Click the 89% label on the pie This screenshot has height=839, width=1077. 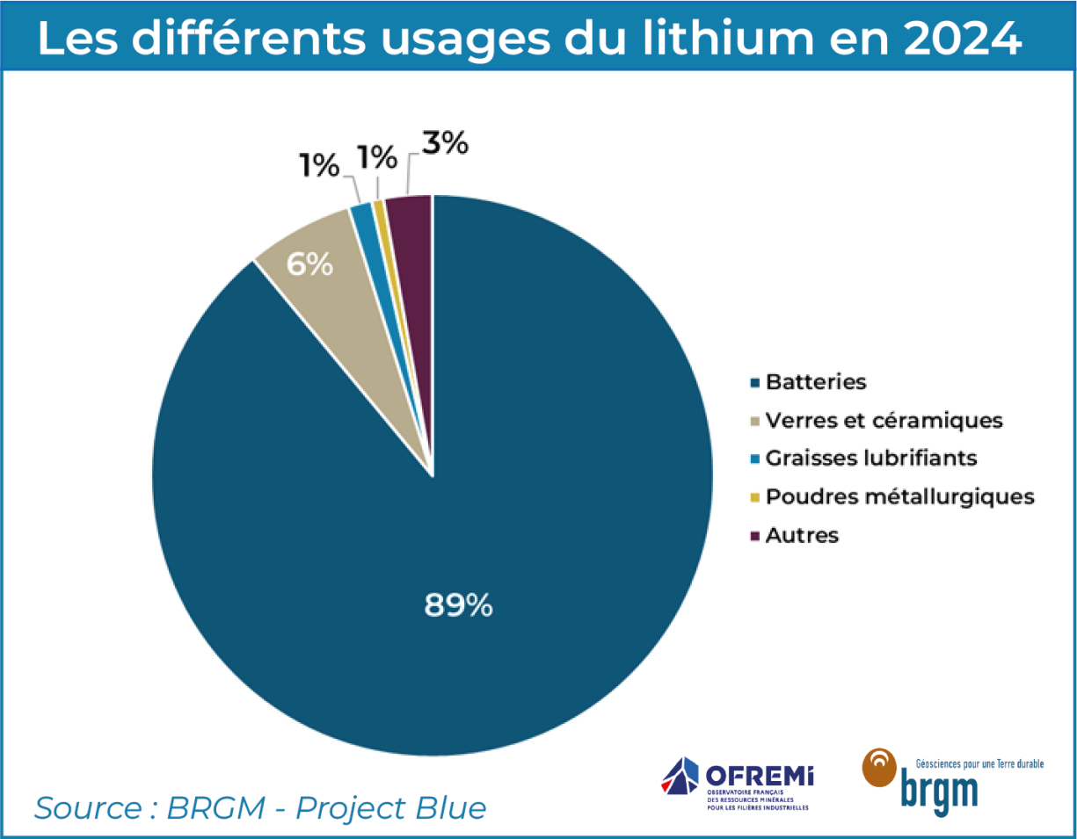tap(458, 604)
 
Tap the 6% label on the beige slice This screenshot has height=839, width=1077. tap(309, 264)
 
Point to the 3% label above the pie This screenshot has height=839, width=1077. tap(443, 143)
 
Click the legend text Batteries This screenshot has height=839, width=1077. tap(816, 382)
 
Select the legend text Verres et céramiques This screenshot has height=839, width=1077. tap(884, 421)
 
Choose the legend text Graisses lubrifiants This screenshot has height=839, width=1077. tap(871, 459)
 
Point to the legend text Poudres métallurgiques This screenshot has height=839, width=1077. tap(899, 496)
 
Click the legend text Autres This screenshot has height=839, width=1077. tap(802, 535)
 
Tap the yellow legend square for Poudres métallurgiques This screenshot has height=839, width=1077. tap(753, 497)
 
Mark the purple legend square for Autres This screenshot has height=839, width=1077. tap(753, 536)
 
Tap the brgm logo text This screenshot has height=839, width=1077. tap(939, 788)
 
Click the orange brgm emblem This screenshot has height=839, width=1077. tap(879, 767)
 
